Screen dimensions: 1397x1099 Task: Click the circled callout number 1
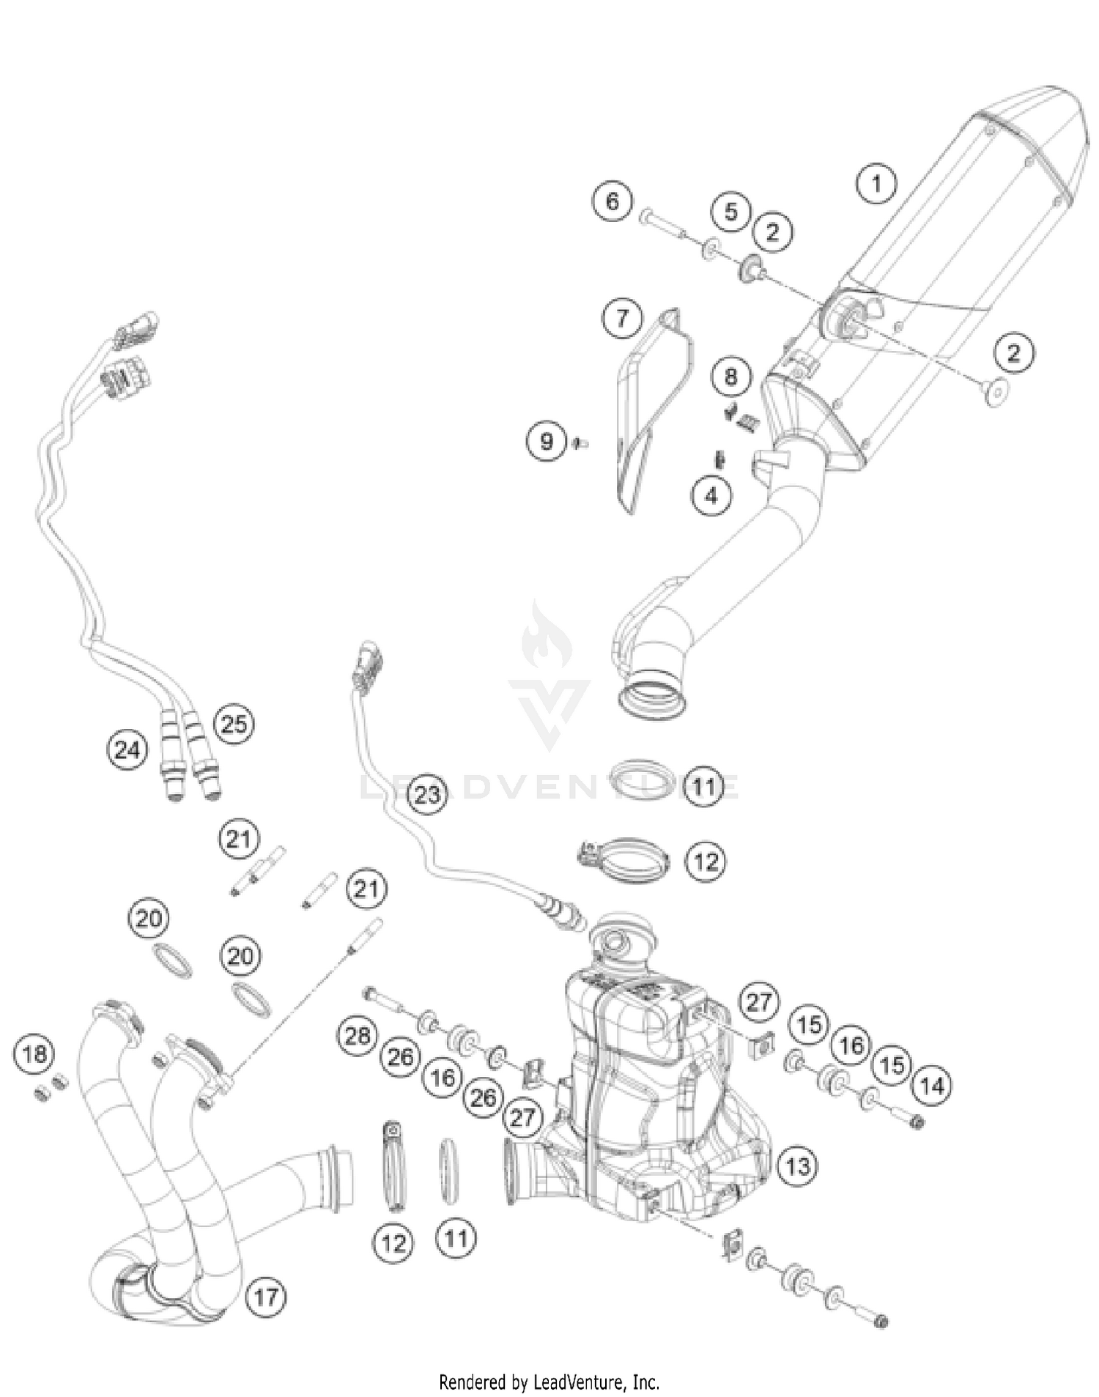click(x=876, y=183)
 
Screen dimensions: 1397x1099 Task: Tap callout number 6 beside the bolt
click(x=613, y=200)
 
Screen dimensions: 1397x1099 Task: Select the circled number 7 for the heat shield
click(x=622, y=318)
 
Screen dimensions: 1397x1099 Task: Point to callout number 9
click(x=547, y=441)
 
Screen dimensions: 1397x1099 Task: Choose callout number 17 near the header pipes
click(x=265, y=1297)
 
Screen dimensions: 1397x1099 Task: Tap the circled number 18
click(x=34, y=1054)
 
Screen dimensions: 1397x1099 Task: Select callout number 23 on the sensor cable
click(x=427, y=794)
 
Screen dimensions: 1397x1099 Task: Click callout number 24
click(x=127, y=749)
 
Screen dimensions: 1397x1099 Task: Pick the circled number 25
click(x=234, y=725)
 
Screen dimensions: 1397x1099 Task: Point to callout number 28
click(x=358, y=1036)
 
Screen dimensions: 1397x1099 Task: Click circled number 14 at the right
click(x=932, y=1085)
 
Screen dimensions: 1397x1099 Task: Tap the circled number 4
click(x=711, y=496)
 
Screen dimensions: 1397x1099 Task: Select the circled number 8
click(x=730, y=377)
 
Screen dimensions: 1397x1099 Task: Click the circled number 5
click(x=731, y=212)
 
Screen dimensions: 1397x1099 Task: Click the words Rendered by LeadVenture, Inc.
click(x=549, y=1382)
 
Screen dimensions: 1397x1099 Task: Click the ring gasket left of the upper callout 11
click(x=642, y=778)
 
